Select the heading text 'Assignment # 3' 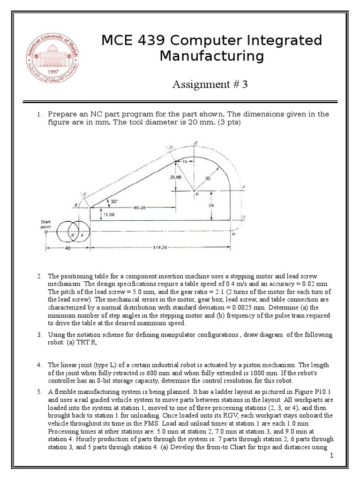pos(210,84)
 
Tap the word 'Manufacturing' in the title pos(212,56)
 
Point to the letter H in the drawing pos(233,234)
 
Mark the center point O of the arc pos(197,194)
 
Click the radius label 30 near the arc pos(208,178)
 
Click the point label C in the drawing pos(85,193)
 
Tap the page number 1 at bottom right pos(331,456)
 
